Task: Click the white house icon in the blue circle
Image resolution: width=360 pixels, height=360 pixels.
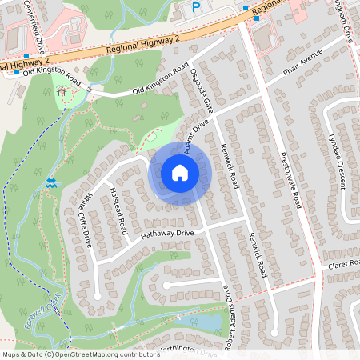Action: (x=179, y=173)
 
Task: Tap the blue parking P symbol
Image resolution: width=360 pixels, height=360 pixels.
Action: (x=196, y=7)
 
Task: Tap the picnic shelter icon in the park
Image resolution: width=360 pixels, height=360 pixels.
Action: (x=63, y=91)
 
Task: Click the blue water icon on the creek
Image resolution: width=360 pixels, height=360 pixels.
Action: (x=51, y=182)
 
